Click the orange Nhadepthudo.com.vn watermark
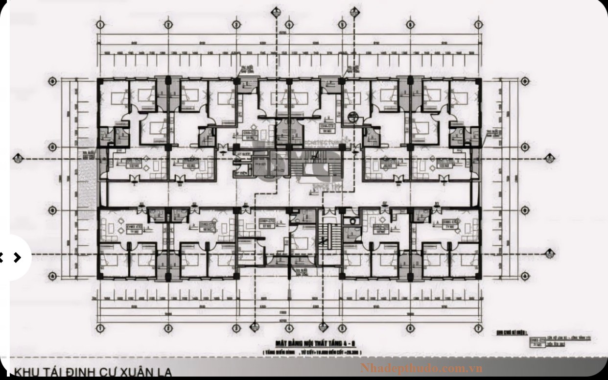click(x=421, y=367)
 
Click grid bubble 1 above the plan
click(x=100, y=24)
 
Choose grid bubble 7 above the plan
click(x=480, y=24)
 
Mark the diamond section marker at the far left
click(x=18, y=158)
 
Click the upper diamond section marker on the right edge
click(x=552, y=158)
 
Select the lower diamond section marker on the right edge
click(x=552, y=254)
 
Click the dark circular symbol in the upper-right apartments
click(x=353, y=118)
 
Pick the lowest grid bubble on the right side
click(x=526, y=275)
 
